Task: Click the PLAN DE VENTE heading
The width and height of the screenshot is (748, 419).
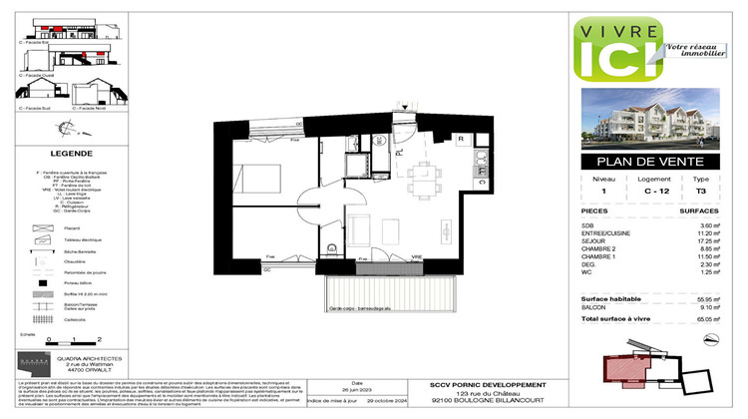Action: pos(650,164)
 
